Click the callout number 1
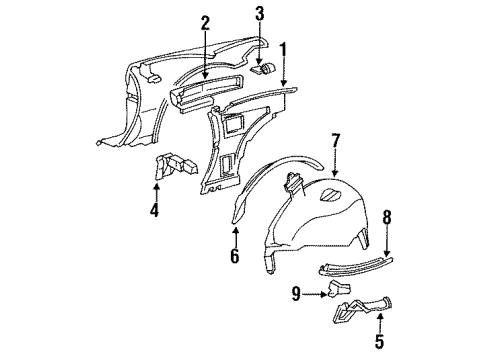coord(283,49)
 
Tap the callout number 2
coord(205,23)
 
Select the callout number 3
coord(259,13)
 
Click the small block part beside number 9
coord(336,290)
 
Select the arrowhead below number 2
coord(205,75)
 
